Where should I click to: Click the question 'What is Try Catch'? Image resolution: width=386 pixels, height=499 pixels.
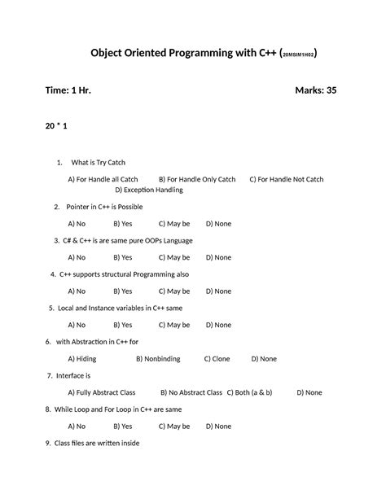click(99, 163)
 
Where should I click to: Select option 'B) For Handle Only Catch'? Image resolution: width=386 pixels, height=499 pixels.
click(197, 179)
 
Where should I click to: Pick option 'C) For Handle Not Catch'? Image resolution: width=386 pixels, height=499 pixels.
click(286, 179)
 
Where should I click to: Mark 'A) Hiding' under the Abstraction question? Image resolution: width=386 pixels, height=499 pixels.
click(82, 358)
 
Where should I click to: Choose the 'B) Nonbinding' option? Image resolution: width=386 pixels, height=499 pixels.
click(158, 358)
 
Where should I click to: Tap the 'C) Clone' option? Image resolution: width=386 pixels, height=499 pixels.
click(217, 358)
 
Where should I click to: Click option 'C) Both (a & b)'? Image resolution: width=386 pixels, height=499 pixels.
click(249, 392)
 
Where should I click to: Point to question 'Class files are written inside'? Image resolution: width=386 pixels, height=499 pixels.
click(96, 443)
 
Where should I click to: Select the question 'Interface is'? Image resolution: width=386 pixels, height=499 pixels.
click(72, 375)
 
